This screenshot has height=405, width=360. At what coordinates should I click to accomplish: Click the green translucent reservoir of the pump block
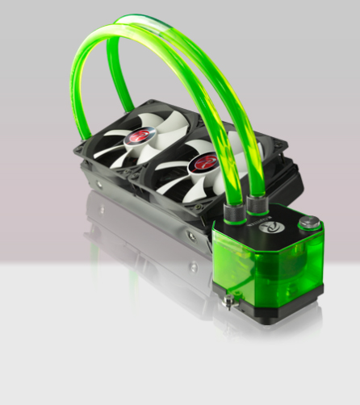point(266,266)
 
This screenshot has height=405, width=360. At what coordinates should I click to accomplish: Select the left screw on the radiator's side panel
point(98,184)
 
